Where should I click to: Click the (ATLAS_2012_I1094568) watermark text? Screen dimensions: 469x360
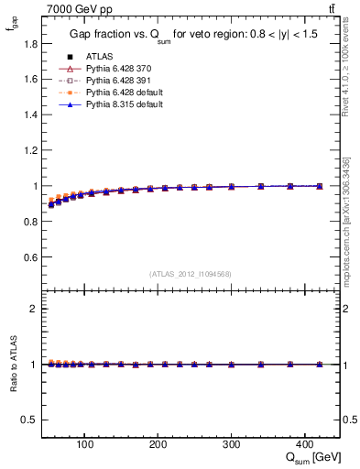click(191, 273)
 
